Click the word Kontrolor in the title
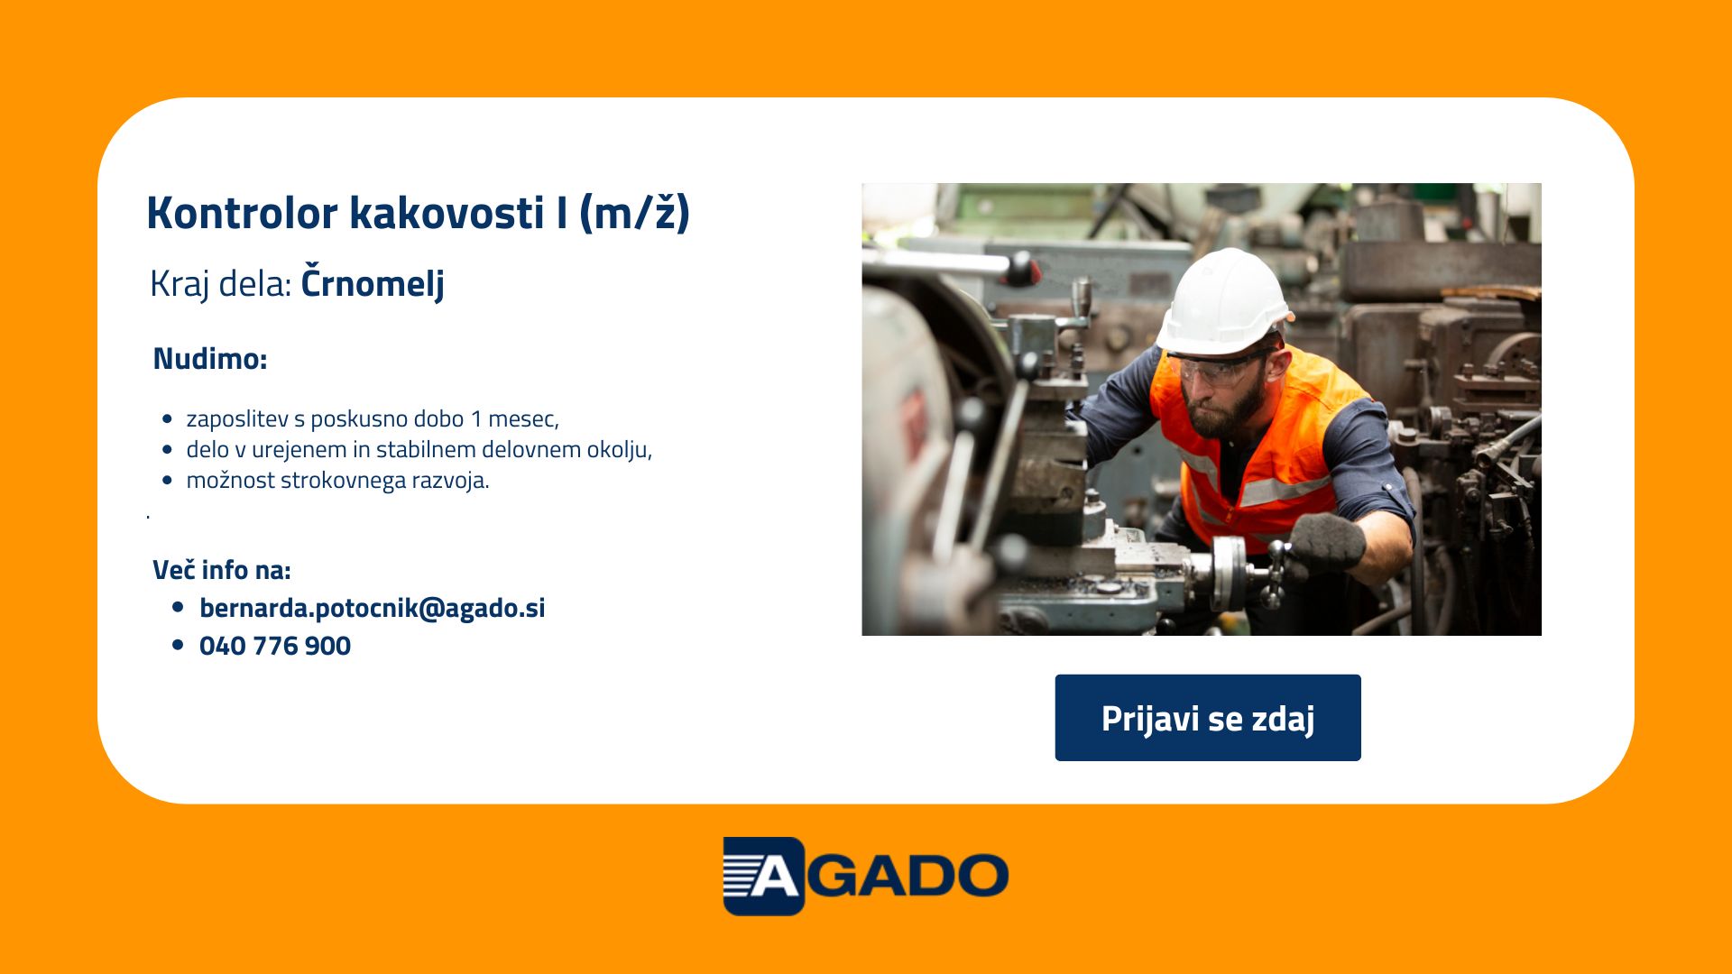(x=243, y=213)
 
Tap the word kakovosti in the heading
(x=447, y=213)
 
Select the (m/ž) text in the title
(x=634, y=213)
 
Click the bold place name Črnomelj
(x=373, y=282)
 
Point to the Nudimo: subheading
(x=210, y=358)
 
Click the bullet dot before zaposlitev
(x=167, y=419)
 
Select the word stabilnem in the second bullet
(x=426, y=449)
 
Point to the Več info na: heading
(x=222, y=570)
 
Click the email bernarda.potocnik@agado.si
(x=373, y=608)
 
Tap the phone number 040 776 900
(x=275, y=646)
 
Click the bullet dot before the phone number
(x=178, y=646)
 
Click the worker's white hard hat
(x=1224, y=302)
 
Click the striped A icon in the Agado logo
(x=763, y=876)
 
